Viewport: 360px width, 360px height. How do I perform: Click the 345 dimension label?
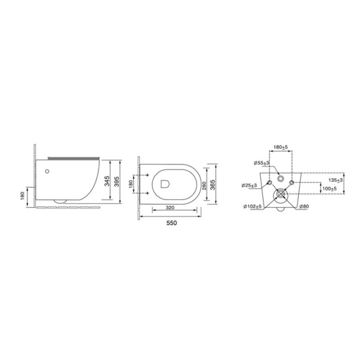coord(107,181)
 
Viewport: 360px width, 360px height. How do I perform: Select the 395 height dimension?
coord(117,181)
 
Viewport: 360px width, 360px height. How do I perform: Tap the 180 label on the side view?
coord(22,196)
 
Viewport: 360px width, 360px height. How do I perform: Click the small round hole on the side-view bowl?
coord(47,171)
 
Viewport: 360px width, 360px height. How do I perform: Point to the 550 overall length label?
coord(171,223)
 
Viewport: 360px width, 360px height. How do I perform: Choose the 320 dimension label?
coord(170,208)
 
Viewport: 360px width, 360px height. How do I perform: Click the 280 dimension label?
coord(205,185)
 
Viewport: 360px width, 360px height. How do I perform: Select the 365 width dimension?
coord(213,185)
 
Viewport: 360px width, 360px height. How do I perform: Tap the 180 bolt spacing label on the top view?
coord(131,184)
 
